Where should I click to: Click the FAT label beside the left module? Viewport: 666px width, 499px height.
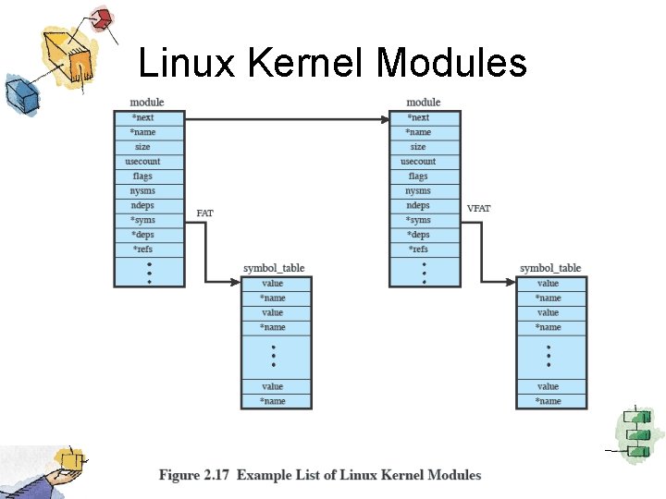pyautogui.click(x=205, y=213)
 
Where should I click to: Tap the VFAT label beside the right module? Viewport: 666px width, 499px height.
pyautogui.click(x=479, y=209)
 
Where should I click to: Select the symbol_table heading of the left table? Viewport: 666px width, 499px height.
pyautogui.click(x=274, y=268)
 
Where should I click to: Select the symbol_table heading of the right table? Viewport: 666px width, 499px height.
pyautogui.click(x=550, y=268)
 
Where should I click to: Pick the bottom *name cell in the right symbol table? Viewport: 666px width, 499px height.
pyautogui.click(x=550, y=401)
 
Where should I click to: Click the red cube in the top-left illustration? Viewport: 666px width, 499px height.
pyautogui.click(x=101, y=18)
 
